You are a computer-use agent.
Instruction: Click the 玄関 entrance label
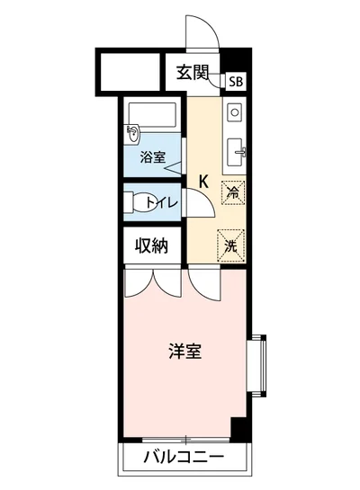point(190,73)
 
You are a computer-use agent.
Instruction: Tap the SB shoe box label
point(235,81)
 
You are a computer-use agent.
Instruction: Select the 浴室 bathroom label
point(152,158)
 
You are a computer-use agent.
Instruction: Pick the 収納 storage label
point(152,246)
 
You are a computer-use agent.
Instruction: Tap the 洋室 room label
point(185,351)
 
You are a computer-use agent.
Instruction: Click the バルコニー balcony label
point(184,460)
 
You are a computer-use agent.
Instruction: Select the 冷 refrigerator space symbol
point(232,191)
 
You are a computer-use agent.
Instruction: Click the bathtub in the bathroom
point(154,116)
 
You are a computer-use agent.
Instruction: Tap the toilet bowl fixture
point(137,202)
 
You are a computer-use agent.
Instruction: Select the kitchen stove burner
point(234,113)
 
